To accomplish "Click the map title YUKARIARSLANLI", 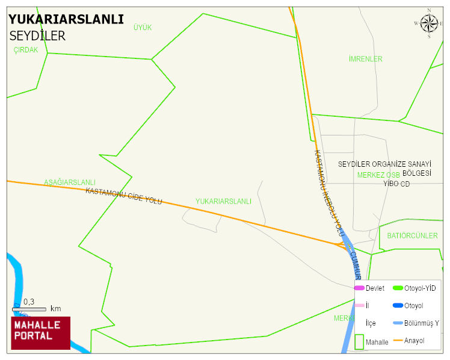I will pos(66,19).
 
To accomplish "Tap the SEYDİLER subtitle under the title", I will pos(37,36).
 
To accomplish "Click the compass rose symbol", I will pos(429,23).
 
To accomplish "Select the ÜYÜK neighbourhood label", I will pos(143,28).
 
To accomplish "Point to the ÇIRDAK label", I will pos(26,50).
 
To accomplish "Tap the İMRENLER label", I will pos(365,59).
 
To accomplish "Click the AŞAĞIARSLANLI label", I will pos(70,182).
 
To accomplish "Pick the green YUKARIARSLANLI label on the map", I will pos(223,202).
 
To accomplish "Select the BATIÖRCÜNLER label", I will pos(413,235).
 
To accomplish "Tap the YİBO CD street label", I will pos(396,184).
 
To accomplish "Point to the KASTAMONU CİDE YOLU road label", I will pos(124,196).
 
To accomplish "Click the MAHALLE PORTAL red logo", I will pos(40,333).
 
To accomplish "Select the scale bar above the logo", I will pos(29,309).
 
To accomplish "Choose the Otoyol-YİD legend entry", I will pos(415,288).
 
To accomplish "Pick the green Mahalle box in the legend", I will pos(359,341).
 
